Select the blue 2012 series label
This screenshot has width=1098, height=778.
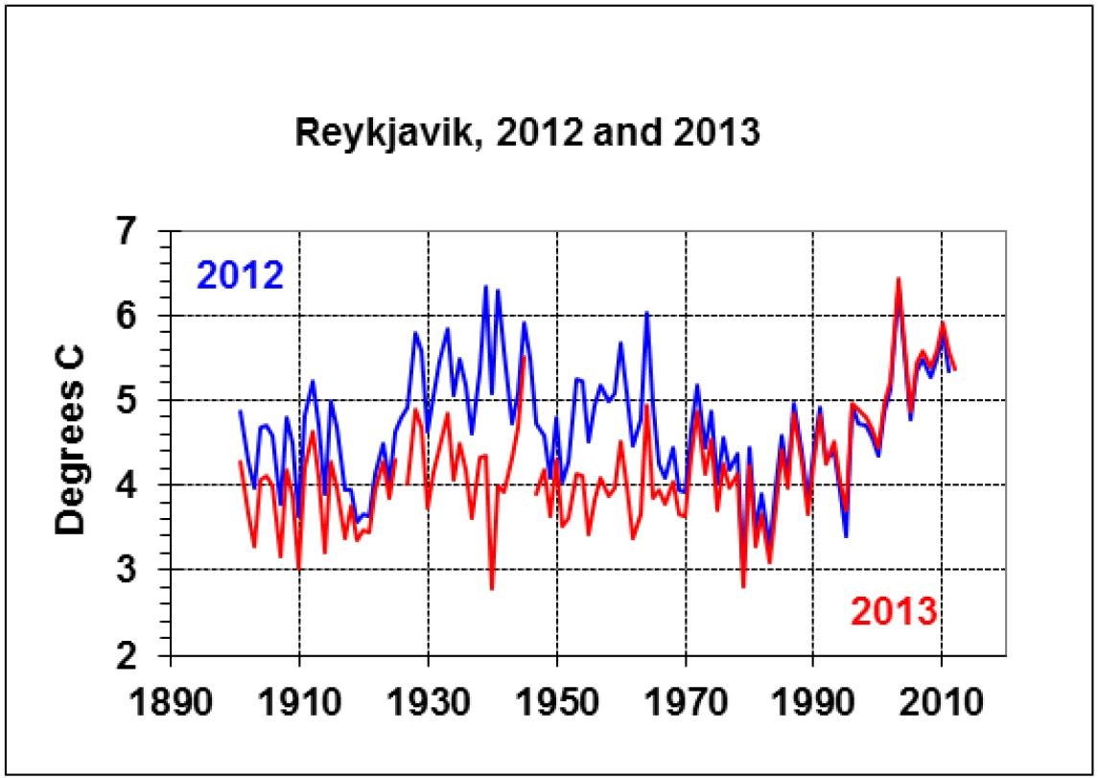[x=240, y=276]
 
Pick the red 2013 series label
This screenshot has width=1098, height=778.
[x=893, y=610]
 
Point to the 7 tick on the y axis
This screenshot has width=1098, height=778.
[x=140, y=232]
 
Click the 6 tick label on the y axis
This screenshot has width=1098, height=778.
[x=140, y=317]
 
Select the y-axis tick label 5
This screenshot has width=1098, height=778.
[x=140, y=401]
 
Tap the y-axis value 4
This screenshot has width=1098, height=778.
[x=140, y=485]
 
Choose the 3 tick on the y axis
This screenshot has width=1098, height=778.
[x=140, y=570]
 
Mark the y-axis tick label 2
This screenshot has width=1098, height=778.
[x=140, y=654]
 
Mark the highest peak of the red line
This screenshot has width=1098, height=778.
[x=898, y=278]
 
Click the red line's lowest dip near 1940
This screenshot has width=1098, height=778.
[x=492, y=588]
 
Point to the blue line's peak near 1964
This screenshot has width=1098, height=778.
[x=646, y=313]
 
